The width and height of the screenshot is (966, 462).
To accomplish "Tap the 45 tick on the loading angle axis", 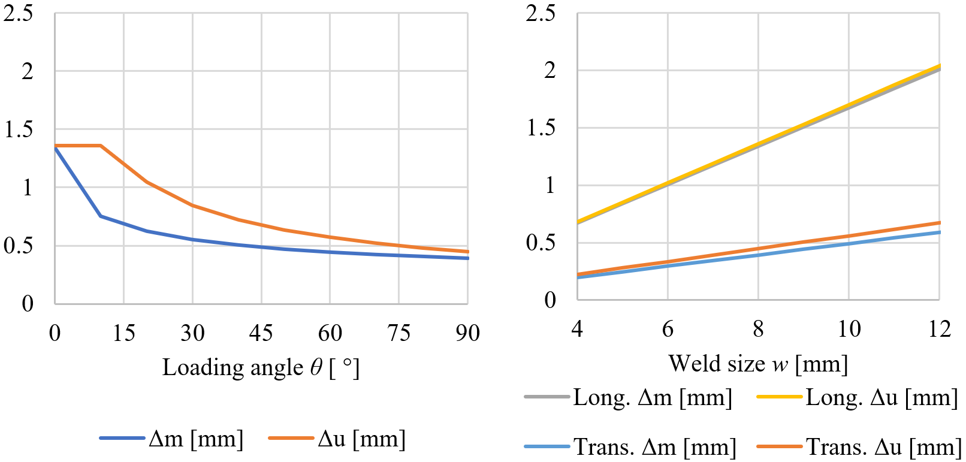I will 261,333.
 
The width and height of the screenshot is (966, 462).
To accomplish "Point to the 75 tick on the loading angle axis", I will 399,333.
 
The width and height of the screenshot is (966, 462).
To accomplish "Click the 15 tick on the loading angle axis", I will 124,333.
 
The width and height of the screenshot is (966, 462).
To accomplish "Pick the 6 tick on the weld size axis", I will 668,329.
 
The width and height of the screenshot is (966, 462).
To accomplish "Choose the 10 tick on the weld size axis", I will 849,329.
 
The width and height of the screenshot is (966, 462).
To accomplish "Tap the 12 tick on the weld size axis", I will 939,329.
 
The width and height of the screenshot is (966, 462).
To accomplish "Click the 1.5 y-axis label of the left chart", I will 19,129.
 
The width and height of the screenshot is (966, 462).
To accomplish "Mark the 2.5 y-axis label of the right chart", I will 541,13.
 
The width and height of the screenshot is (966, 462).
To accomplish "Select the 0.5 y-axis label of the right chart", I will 541,243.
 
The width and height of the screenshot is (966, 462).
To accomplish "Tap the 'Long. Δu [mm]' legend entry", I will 858,397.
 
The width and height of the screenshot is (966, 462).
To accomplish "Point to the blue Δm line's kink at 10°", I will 101,216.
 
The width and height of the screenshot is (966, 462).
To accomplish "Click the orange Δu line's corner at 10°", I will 101,146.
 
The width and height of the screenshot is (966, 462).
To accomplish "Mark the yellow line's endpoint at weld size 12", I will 939,66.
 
